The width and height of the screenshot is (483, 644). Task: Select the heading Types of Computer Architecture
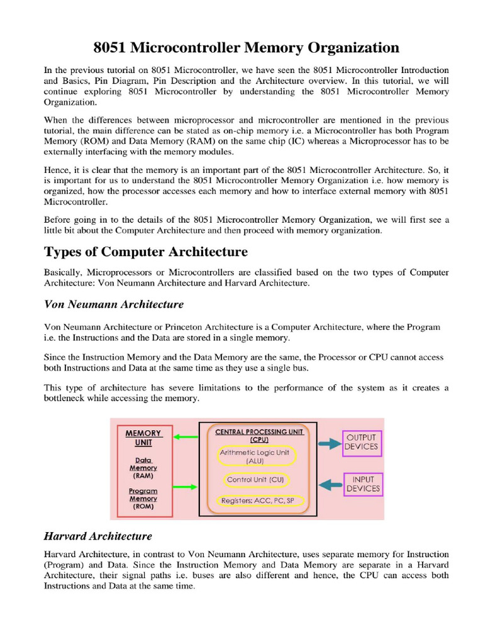pos(145,252)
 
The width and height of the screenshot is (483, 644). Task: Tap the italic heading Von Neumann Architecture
pos(113,304)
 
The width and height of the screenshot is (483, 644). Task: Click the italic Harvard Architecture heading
pos(97,536)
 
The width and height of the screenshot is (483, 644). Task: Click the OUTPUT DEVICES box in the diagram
pos(362,441)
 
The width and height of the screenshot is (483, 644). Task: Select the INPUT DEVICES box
pos(363,484)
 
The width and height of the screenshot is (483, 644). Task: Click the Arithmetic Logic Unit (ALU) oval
pos(255,457)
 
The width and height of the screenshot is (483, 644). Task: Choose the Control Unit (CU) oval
pos(255,480)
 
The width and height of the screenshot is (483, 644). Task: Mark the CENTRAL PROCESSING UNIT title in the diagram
pos(259,436)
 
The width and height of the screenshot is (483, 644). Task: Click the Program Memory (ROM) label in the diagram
pos(143,498)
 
